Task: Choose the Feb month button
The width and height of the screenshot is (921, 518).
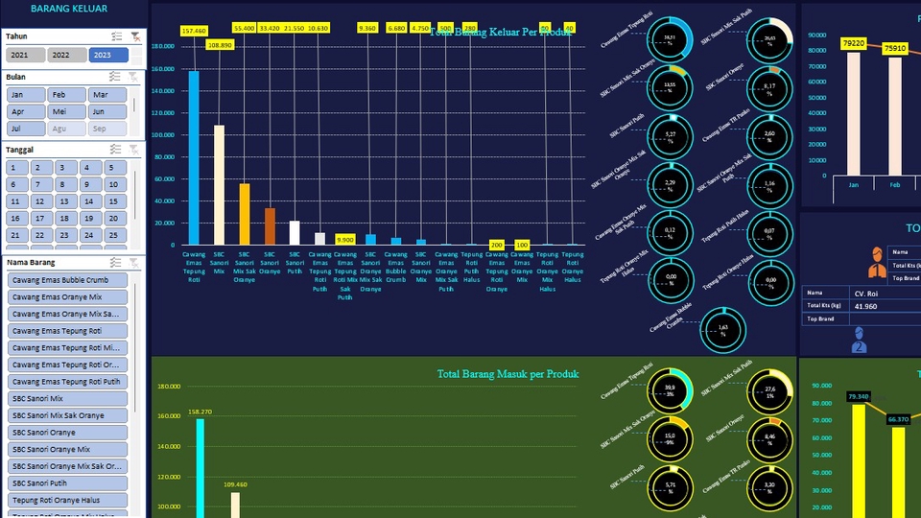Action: click(x=66, y=95)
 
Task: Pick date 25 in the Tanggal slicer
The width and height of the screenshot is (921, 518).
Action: click(x=114, y=235)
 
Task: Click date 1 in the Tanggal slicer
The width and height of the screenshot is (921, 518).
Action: click(x=16, y=168)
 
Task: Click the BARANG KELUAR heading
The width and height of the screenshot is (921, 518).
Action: click(x=68, y=9)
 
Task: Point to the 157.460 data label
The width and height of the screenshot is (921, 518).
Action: click(x=194, y=31)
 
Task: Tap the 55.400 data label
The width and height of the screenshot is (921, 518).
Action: click(x=244, y=29)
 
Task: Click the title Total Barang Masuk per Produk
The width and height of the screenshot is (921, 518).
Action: click(x=508, y=374)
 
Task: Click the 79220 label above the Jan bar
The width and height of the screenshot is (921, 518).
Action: click(x=853, y=44)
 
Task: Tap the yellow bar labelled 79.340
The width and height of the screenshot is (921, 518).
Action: click(x=858, y=460)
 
